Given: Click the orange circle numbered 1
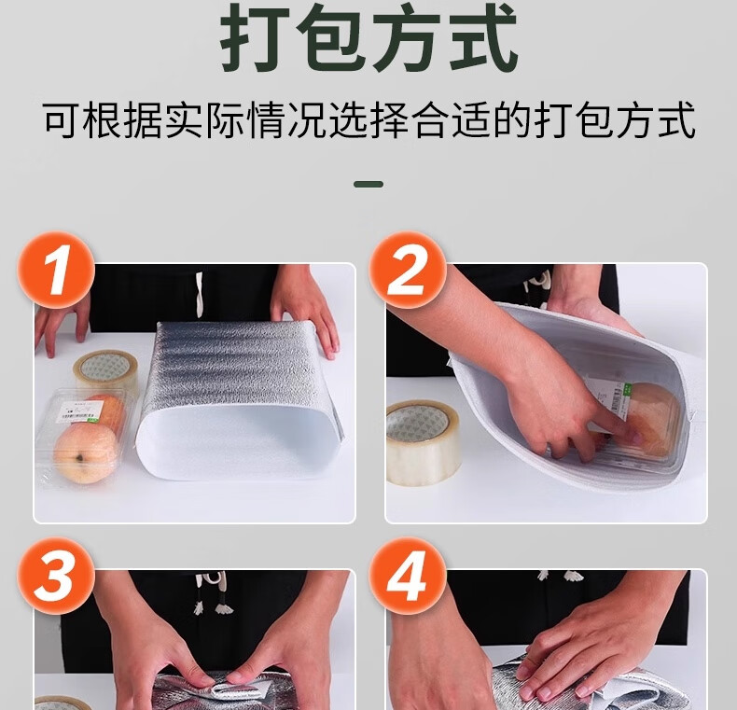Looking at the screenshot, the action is (56, 270).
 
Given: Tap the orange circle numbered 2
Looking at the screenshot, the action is (407, 270).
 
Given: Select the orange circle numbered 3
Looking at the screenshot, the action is (56, 576).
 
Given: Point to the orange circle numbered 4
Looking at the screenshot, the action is (407, 576).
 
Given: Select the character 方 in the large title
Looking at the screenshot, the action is (408, 36).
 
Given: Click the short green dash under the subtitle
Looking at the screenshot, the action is (368, 185).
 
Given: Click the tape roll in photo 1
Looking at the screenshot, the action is (105, 370).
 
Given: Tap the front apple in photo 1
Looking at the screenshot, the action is (85, 452).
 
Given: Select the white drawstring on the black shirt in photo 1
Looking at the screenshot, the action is (199, 291).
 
